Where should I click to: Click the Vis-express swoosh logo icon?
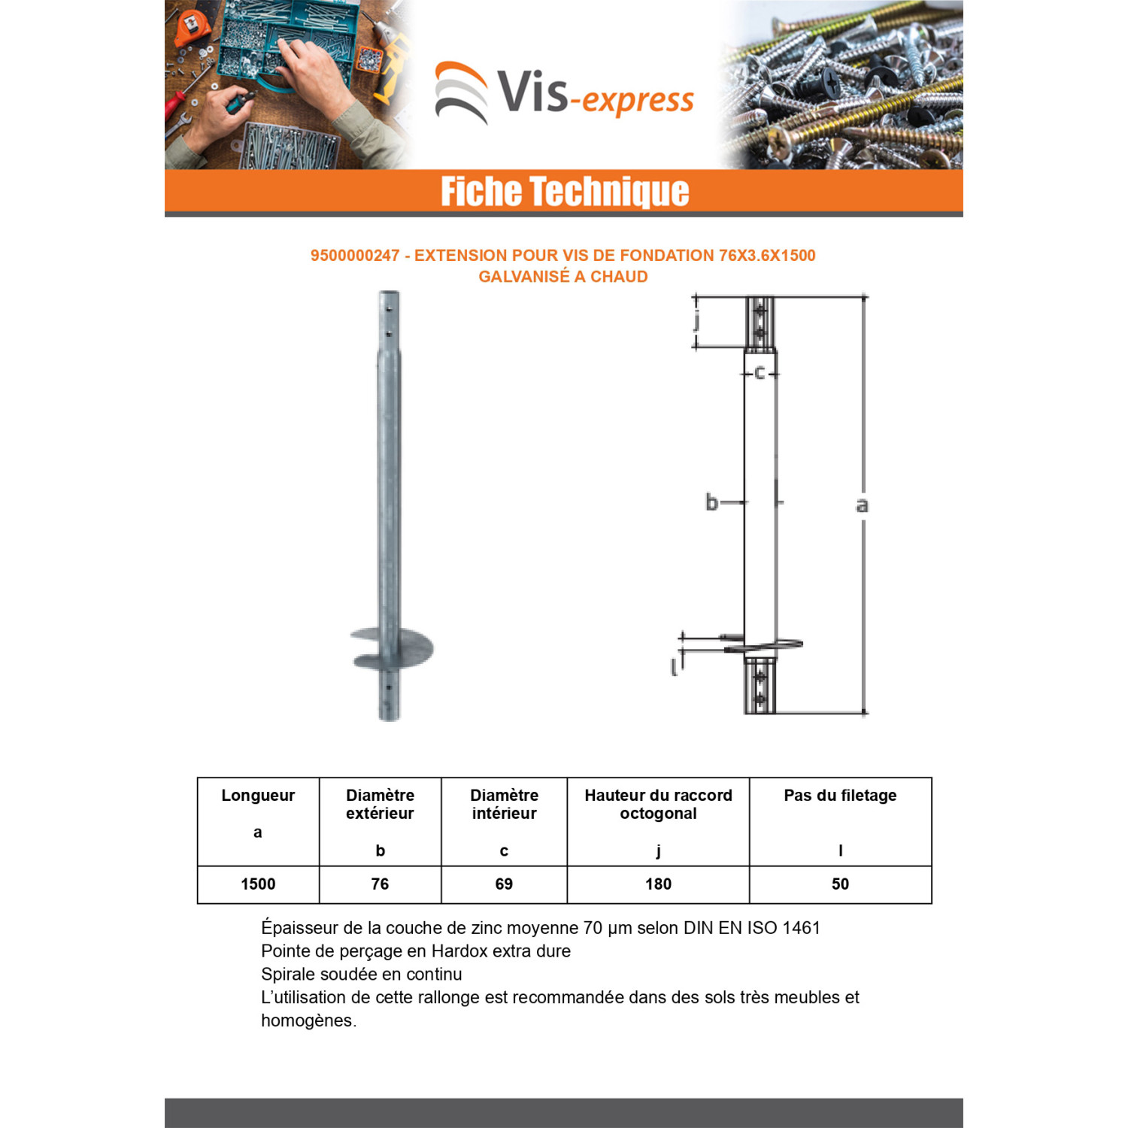(x=461, y=92)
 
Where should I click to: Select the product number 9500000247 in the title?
(x=355, y=256)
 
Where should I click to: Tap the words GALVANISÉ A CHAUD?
(x=563, y=277)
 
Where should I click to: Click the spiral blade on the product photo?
(x=393, y=648)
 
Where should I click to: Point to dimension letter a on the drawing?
(x=862, y=505)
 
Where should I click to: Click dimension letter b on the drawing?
(x=711, y=502)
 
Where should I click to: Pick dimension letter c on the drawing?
(x=760, y=372)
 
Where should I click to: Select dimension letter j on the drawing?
(x=697, y=321)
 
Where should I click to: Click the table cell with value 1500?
(x=258, y=884)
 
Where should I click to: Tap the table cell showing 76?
(x=380, y=884)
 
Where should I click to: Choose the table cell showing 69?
(x=504, y=884)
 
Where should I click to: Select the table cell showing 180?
(x=658, y=884)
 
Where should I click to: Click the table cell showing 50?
(x=840, y=884)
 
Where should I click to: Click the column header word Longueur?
(x=258, y=796)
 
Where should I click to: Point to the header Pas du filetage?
(x=840, y=796)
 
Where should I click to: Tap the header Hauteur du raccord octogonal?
(x=658, y=805)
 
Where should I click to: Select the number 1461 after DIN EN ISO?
(x=801, y=928)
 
